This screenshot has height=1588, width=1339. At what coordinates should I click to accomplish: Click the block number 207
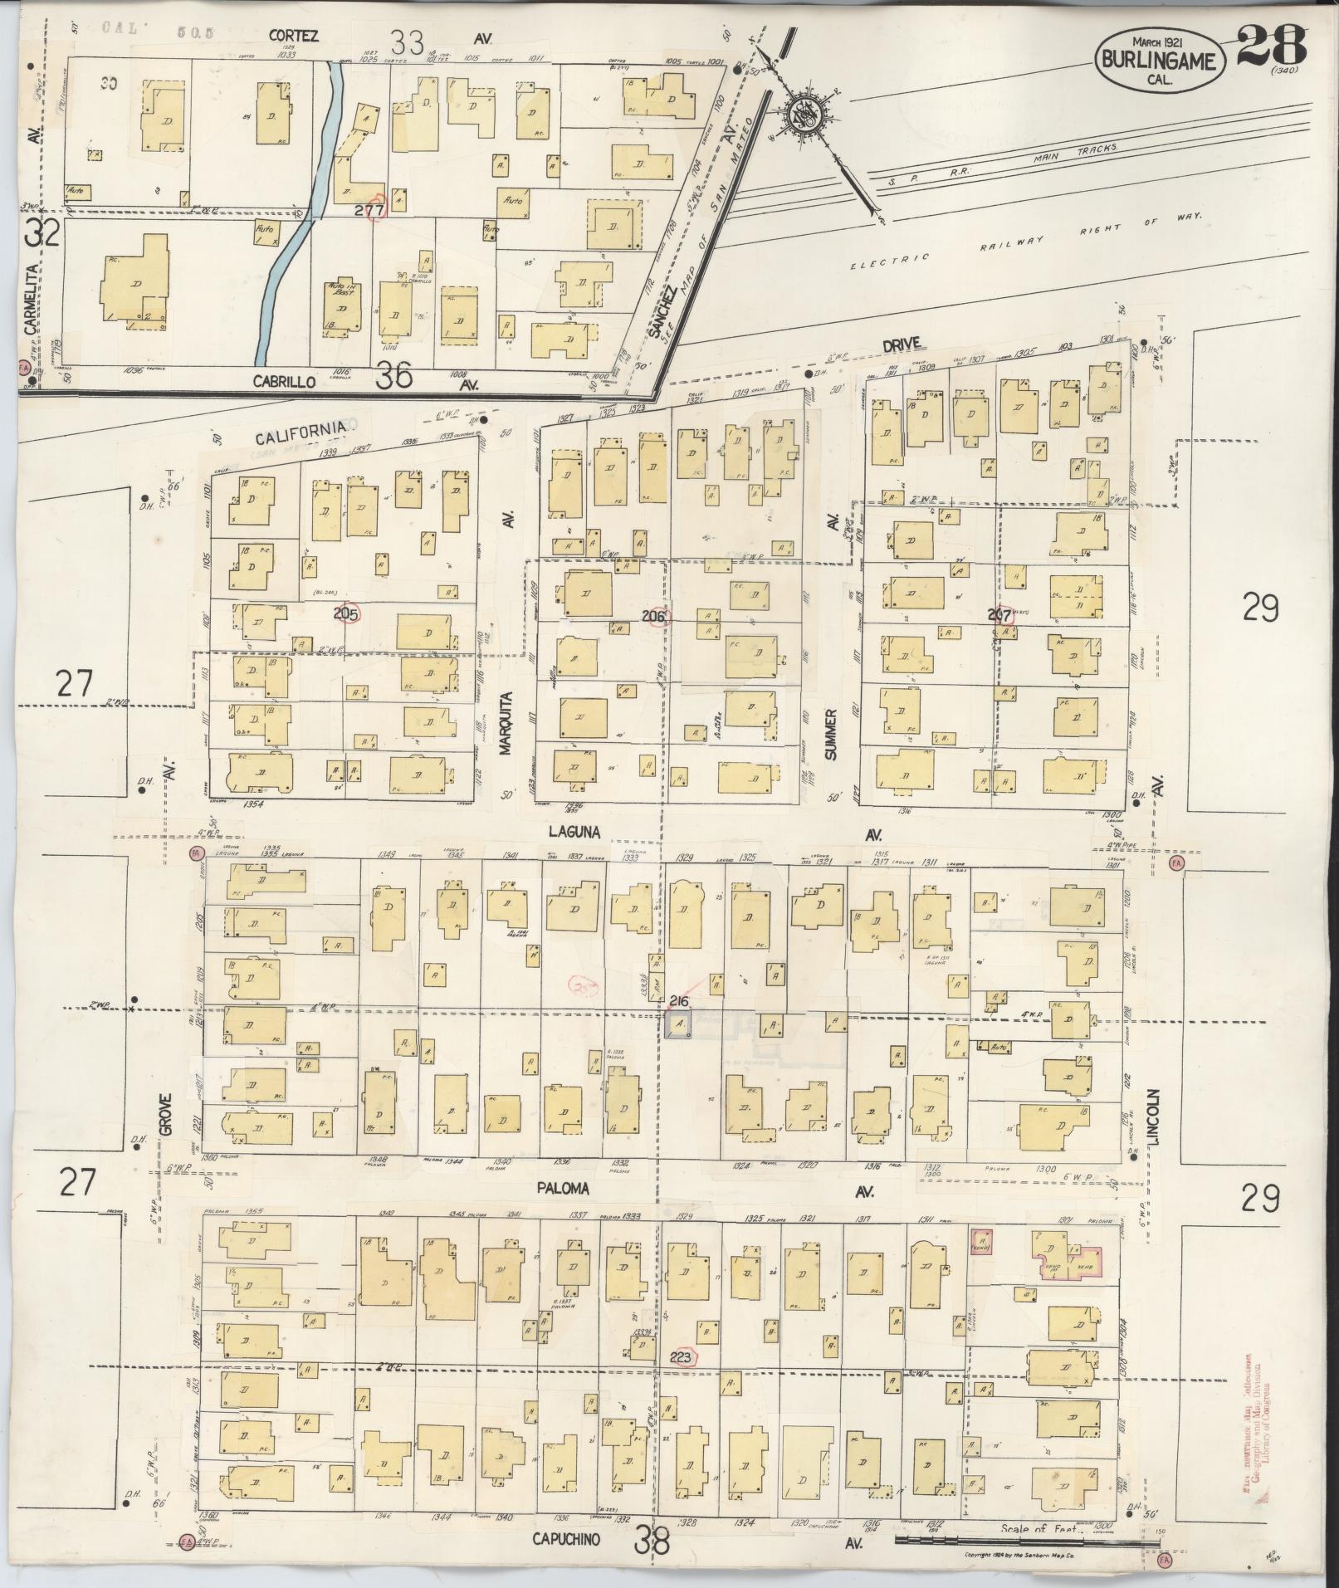point(999,616)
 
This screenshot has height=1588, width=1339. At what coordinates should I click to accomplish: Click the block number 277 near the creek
point(370,210)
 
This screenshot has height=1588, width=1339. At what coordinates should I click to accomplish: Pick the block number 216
point(678,1002)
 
